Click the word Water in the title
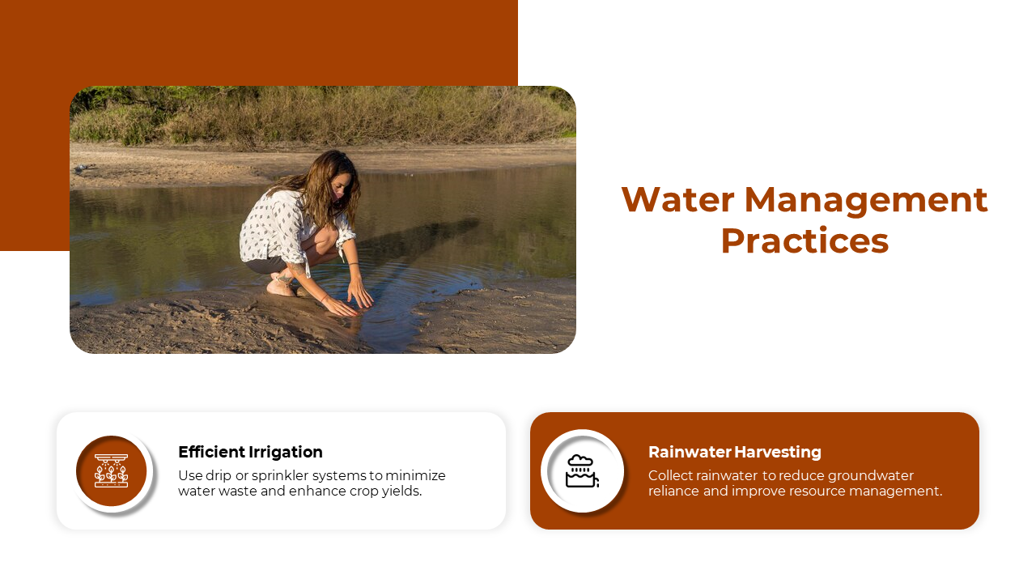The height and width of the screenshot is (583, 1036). coord(678,199)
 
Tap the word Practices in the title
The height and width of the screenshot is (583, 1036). coord(805,240)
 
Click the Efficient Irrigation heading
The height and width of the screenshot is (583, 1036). coord(250,452)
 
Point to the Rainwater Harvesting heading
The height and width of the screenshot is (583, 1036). coord(734,452)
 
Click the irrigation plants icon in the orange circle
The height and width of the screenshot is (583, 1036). coord(112,470)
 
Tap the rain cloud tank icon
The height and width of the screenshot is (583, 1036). coord(582,471)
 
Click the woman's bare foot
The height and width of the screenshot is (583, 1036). coord(280,287)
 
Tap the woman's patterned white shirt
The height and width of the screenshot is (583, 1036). coord(287,226)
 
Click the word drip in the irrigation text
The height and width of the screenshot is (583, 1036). coord(219,476)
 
